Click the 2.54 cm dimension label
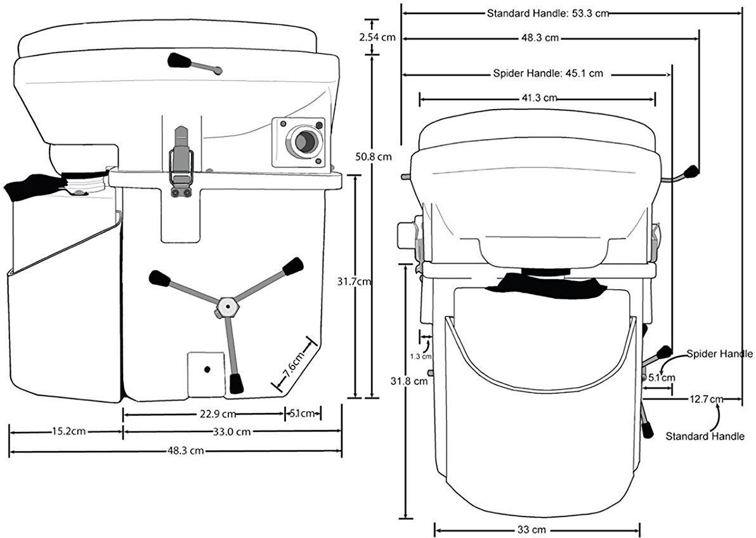(377, 37)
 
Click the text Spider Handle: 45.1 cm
(547, 74)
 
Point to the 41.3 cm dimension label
(538, 98)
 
